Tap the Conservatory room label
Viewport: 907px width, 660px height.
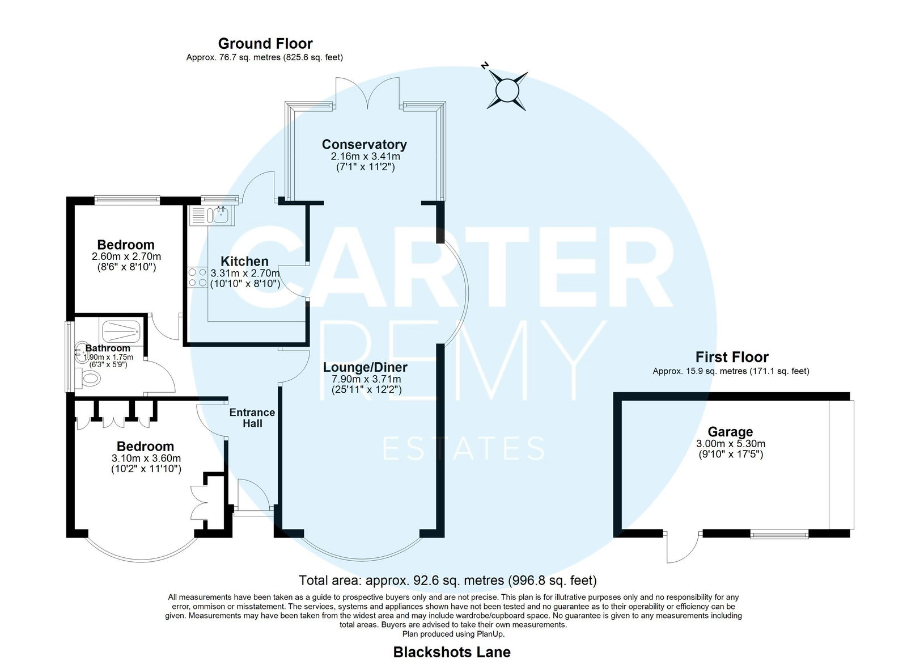point(365,144)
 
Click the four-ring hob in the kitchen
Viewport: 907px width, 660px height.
point(198,277)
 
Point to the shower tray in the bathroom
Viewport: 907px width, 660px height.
point(121,332)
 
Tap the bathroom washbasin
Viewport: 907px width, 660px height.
point(82,352)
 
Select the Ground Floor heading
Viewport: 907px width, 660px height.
point(265,43)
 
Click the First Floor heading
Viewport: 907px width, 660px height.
point(732,357)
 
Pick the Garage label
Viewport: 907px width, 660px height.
point(730,431)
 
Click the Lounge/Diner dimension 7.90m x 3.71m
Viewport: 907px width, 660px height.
point(366,379)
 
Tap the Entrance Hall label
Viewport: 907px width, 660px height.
point(252,418)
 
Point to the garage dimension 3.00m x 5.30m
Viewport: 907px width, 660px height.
point(731,444)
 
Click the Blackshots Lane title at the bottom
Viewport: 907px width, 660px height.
point(452,652)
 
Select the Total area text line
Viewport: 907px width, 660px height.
point(447,580)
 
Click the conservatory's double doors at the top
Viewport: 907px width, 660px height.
point(368,93)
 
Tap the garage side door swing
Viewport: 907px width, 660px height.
point(683,547)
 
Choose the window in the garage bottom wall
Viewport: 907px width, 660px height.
point(779,535)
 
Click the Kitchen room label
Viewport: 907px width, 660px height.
point(244,261)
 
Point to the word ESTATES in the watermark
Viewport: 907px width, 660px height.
point(464,448)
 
